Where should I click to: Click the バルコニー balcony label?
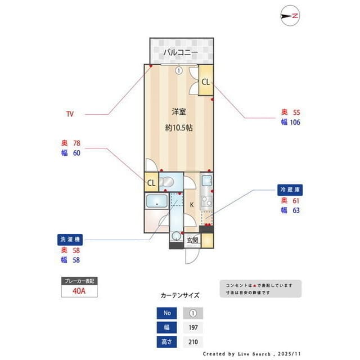(x=181, y=52)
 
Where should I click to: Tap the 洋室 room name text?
(x=179, y=111)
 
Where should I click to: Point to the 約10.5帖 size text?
(x=179, y=128)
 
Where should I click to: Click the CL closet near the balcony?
(x=205, y=82)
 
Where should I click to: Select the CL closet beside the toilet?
(x=151, y=183)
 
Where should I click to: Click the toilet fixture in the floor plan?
(x=167, y=182)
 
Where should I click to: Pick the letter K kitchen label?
(x=192, y=204)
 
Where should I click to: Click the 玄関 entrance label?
(x=192, y=240)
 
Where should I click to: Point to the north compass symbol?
(x=291, y=16)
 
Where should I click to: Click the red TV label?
(x=70, y=114)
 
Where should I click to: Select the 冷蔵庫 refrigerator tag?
(x=291, y=190)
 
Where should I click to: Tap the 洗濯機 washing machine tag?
(x=71, y=238)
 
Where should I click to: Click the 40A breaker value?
(x=79, y=291)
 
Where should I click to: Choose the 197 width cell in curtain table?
(x=193, y=327)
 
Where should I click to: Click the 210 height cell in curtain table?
(x=193, y=341)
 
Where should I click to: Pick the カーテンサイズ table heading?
(x=180, y=295)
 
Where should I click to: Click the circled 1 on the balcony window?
(x=178, y=71)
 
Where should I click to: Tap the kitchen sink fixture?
(x=206, y=181)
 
